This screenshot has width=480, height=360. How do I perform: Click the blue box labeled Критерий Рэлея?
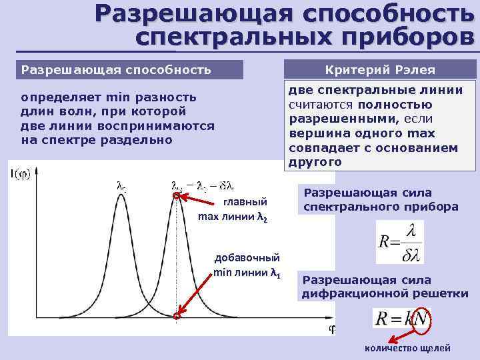point(380,69)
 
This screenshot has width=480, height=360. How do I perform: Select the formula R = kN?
point(401,319)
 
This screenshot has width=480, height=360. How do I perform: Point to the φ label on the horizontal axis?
point(331,329)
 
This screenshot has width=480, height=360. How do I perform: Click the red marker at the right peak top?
point(177,197)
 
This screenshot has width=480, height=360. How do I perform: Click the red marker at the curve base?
point(177,317)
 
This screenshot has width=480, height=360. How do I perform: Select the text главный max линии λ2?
point(233,209)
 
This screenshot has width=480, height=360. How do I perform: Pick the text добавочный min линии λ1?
point(247,265)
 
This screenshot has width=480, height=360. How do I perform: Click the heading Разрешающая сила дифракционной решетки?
point(385,287)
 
